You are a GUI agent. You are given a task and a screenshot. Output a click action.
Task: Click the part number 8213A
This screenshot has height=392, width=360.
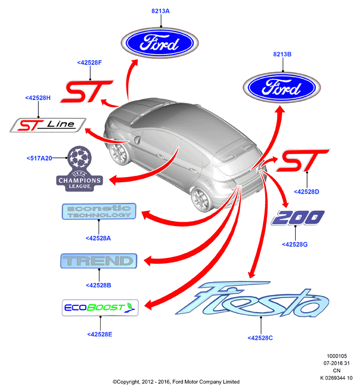tap(160, 11)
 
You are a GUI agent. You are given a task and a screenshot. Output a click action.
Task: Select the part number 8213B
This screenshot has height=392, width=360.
tap(282, 54)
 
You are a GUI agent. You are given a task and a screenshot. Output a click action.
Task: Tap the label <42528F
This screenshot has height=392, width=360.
tap(89, 62)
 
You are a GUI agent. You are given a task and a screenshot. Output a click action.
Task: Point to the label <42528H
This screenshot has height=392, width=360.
tap(38, 98)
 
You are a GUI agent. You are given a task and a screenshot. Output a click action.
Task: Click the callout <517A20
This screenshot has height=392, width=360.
tap(39, 158)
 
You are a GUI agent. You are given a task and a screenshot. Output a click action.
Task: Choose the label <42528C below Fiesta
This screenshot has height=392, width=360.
tap(260, 338)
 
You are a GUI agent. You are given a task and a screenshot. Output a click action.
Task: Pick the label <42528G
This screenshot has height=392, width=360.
tap(295, 245)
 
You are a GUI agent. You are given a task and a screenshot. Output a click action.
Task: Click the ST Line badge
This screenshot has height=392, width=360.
tap(48, 125)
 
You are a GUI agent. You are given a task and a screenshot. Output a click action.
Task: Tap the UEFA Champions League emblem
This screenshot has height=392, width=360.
tap(79, 169)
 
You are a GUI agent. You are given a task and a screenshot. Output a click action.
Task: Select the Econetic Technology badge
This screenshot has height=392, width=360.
tap(99, 211)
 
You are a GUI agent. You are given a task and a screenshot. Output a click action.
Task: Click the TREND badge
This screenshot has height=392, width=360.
tap(99, 261)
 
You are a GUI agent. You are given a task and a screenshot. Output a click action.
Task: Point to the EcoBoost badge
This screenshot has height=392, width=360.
tap(100, 307)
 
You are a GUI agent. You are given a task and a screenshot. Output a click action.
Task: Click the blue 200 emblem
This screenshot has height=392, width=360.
tap(298, 218)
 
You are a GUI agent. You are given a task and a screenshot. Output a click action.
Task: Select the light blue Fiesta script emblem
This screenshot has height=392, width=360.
tap(252, 299)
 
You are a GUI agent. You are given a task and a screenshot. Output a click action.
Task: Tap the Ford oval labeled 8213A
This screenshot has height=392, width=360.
tap(160, 43)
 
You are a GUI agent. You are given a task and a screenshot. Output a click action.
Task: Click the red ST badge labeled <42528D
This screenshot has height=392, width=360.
tap(303, 160)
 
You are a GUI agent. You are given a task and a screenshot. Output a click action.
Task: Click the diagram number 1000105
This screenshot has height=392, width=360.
tap(337, 356)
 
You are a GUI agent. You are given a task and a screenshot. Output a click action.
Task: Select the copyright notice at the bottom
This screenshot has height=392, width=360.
tap(176, 382)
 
